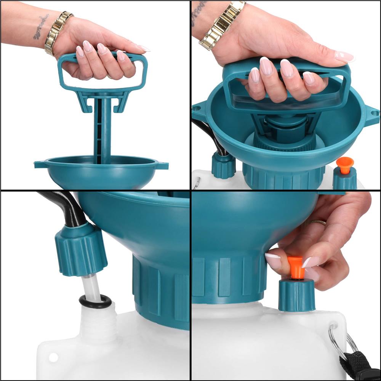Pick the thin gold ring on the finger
(x=317, y=222)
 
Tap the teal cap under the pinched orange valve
(x=296, y=295)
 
